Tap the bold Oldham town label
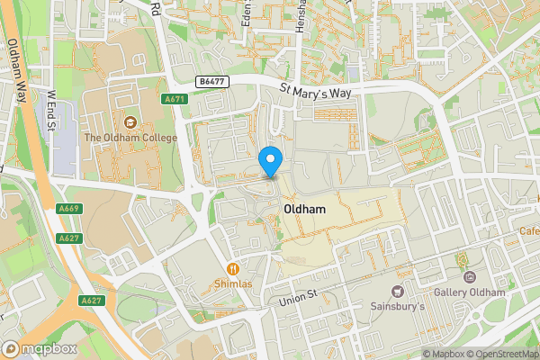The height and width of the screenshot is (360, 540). tap(303, 208)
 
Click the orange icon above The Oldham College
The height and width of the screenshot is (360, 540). tap(131, 122)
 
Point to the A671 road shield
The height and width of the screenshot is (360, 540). tap(175, 99)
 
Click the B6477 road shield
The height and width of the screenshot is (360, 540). tap(213, 81)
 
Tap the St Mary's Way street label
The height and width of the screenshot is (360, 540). tap(321, 90)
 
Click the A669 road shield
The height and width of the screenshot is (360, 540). tap(67, 208)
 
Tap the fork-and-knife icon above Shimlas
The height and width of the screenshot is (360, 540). tap(233, 267)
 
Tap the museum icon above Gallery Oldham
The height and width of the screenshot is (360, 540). tap(463, 262)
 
